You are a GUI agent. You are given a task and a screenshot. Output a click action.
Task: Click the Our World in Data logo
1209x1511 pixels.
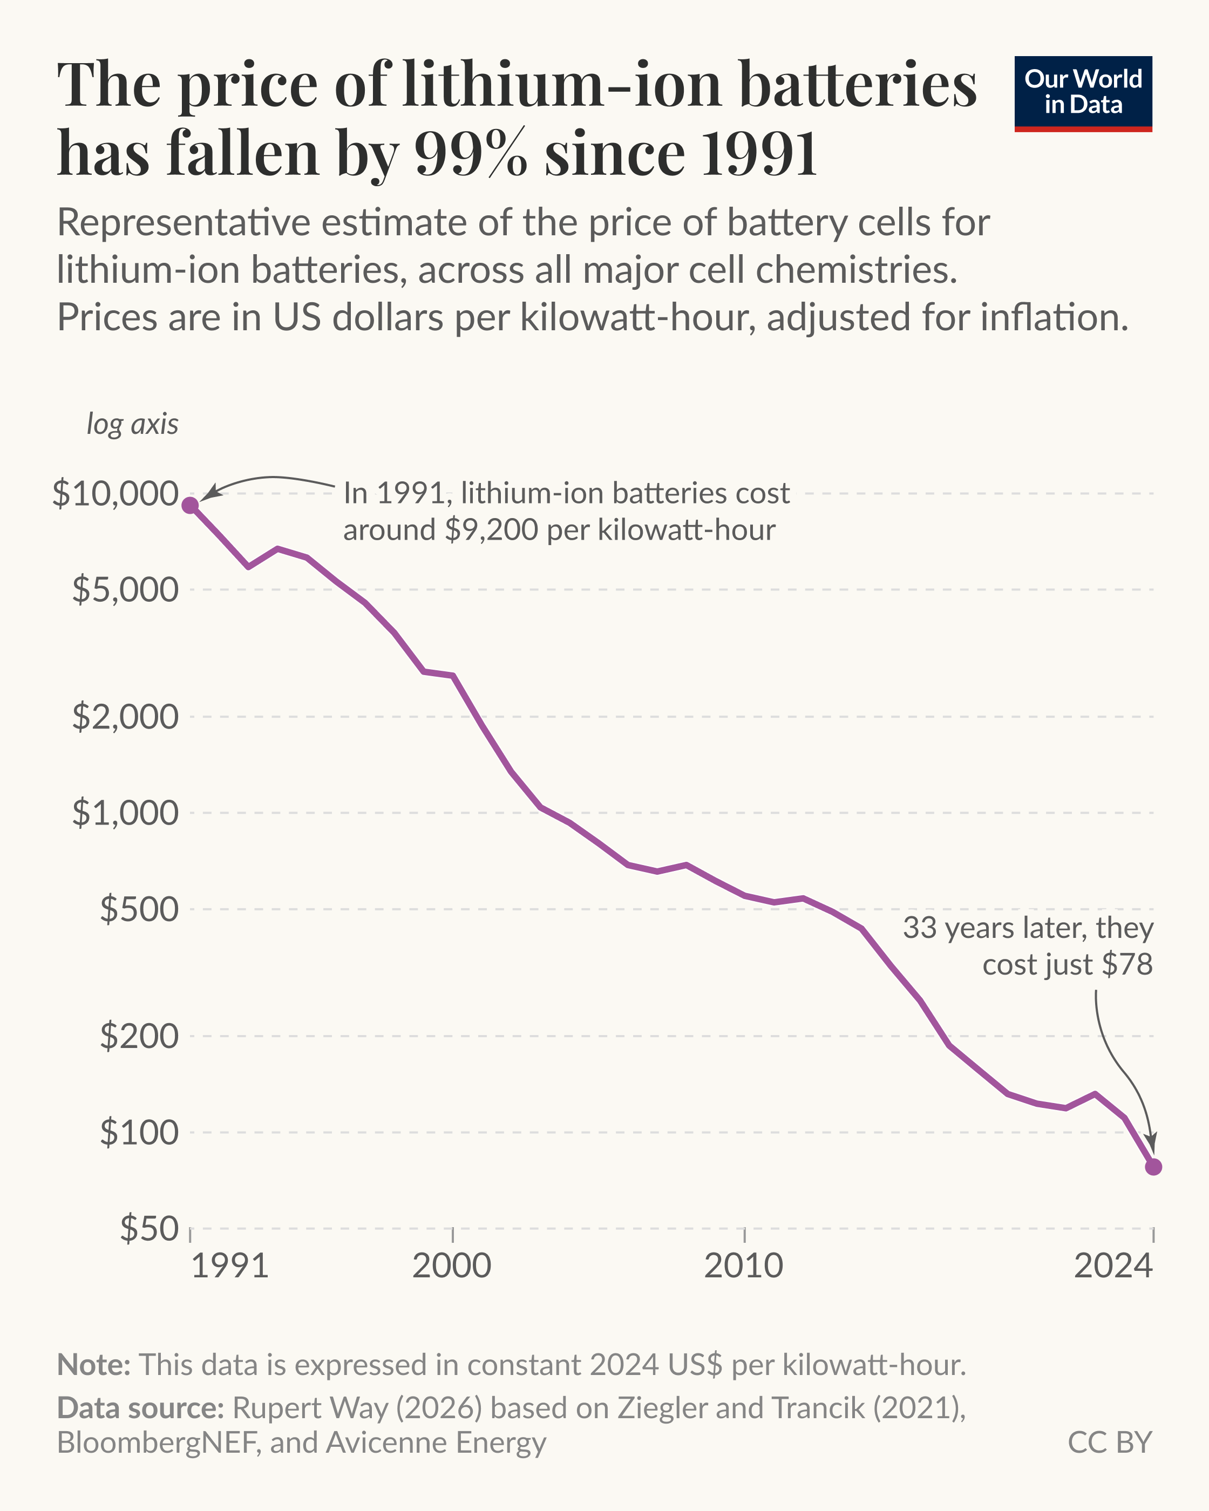pyautogui.click(x=1083, y=93)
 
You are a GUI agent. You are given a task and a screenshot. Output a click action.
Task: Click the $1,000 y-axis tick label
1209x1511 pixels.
pyautogui.click(x=125, y=813)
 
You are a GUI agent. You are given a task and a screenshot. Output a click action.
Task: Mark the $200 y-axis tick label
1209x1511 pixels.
pyautogui.click(x=139, y=1036)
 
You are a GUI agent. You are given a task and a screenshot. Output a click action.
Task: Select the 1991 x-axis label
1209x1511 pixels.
pyautogui.click(x=230, y=1265)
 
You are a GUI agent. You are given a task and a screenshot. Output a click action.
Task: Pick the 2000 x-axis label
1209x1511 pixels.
pyautogui.click(x=452, y=1265)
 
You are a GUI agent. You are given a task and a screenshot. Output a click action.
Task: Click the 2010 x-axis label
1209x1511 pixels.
pyautogui.click(x=744, y=1265)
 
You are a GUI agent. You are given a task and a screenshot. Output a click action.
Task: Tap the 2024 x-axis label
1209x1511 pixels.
pyautogui.click(x=1113, y=1265)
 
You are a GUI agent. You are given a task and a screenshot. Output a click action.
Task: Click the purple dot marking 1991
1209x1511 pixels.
pyautogui.click(x=190, y=505)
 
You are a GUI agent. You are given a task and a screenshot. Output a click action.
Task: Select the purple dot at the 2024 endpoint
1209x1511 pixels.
pyautogui.click(x=1153, y=1167)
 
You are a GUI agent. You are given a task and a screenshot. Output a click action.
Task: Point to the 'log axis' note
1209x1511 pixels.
pyautogui.click(x=132, y=424)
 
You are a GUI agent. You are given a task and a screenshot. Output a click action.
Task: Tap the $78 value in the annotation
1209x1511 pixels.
pyautogui.click(x=1127, y=965)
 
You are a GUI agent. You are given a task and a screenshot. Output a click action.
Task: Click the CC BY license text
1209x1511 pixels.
pyautogui.click(x=1110, y=1442)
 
